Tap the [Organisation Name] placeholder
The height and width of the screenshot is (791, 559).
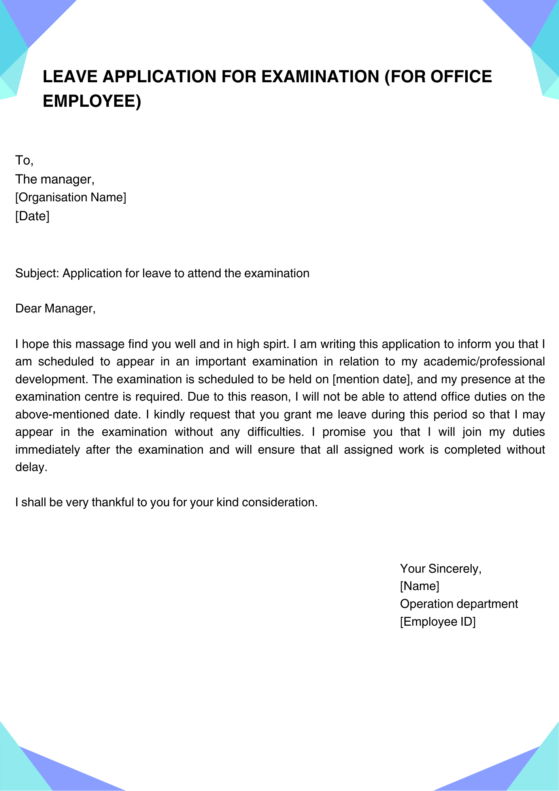point(71,197)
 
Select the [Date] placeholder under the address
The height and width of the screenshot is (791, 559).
point(32,216)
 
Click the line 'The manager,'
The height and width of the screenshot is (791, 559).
point(55,180)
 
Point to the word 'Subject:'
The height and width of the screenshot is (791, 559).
point(37,273)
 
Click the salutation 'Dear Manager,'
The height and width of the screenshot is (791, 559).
point(55,308)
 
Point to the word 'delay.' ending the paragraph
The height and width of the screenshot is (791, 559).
point(31,467)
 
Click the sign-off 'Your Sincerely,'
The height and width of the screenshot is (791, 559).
point(441,569)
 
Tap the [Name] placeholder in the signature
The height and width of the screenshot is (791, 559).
point(419,586)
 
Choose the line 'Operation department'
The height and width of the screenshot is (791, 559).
point(459,604)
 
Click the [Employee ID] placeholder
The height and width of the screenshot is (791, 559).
point(438,622)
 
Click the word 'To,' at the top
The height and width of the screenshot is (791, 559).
point(24,161)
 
